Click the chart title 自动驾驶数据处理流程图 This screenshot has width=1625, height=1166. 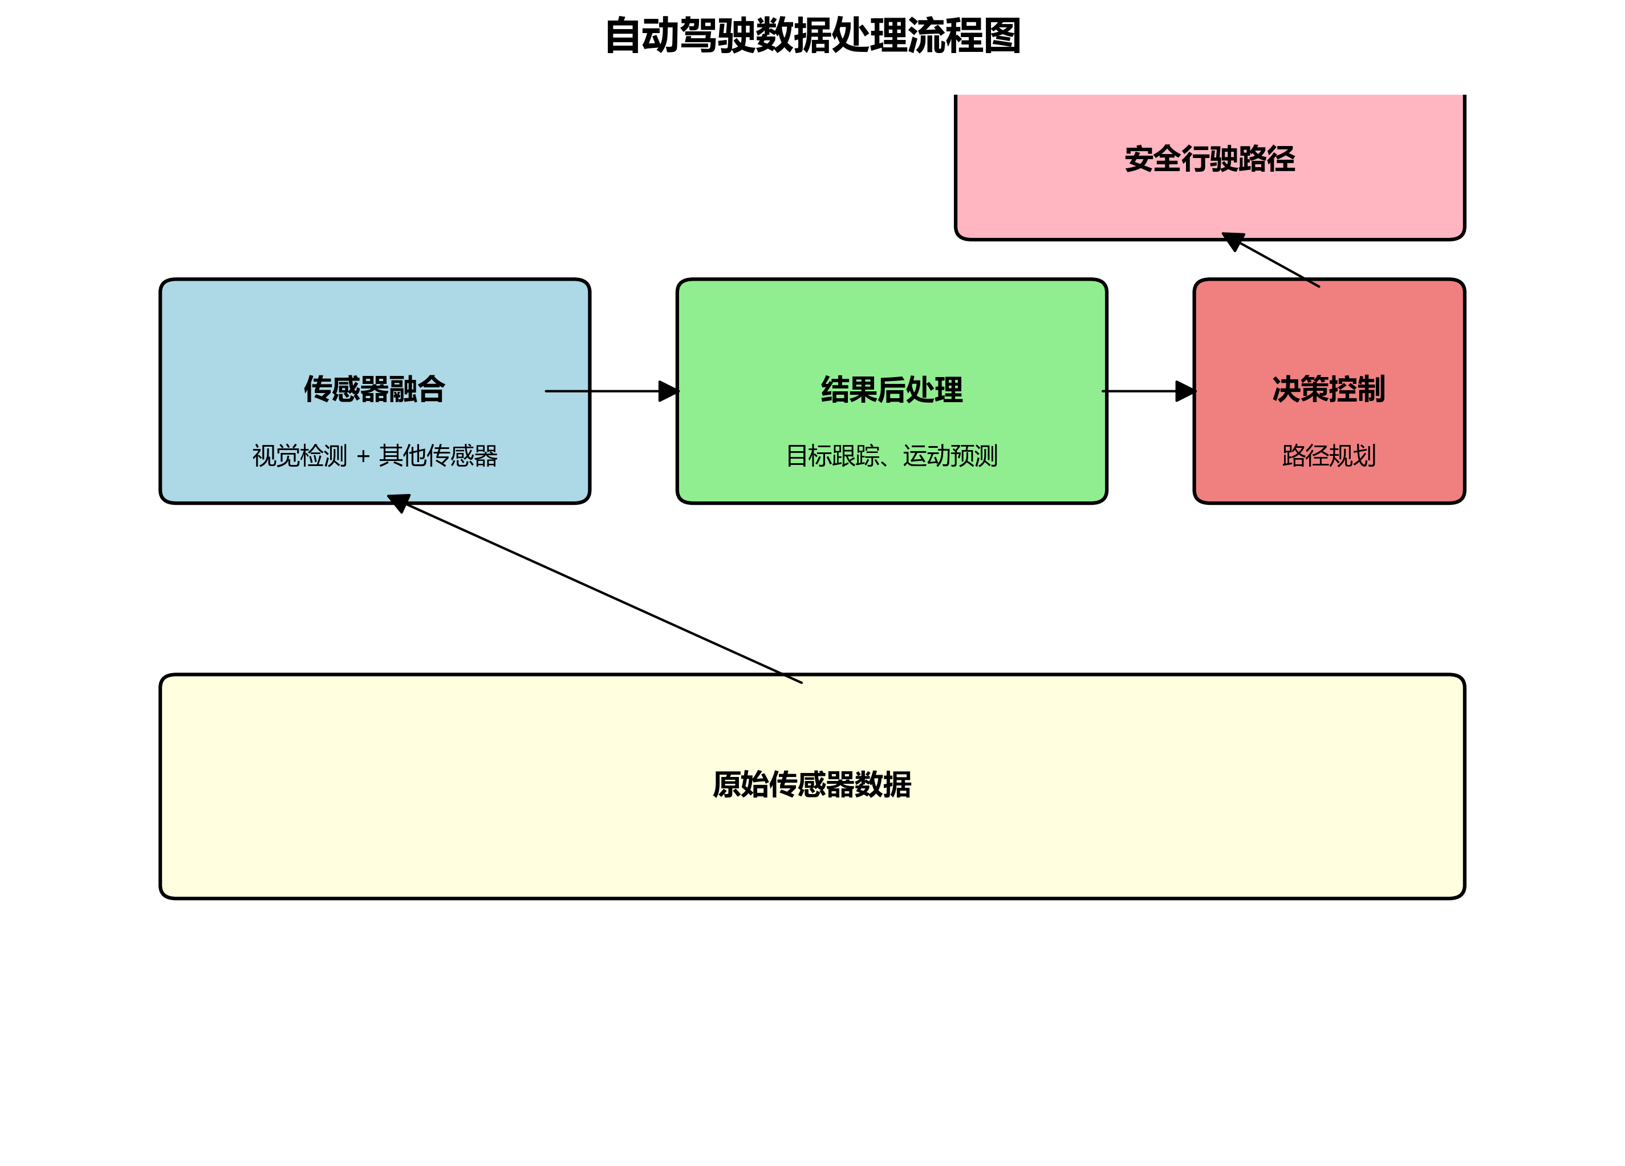812,36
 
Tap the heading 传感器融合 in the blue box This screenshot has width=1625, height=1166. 375,389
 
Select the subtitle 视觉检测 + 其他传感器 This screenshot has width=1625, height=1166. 375,456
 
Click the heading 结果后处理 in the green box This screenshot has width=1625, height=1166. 891,389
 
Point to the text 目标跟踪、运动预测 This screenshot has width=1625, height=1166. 891,456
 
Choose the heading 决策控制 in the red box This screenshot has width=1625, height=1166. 1329,389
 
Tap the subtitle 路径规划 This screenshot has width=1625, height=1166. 1329,456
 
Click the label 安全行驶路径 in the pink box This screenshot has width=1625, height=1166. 1209,159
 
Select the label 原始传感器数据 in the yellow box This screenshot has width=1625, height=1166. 812,784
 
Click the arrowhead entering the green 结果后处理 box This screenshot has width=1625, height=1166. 668,391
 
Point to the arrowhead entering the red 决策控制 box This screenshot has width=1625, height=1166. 1185,391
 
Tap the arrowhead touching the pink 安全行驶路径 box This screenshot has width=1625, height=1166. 1233,240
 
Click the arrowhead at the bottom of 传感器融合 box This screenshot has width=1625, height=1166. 399,501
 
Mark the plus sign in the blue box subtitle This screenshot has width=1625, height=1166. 363,456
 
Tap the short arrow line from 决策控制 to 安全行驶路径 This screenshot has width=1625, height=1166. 1279,265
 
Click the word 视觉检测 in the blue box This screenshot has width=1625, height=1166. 299,456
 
